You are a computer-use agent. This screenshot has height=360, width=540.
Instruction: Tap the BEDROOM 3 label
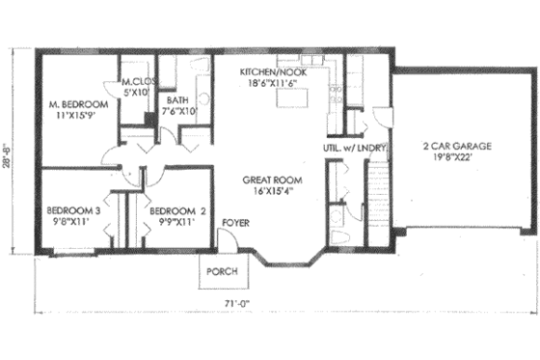(72, 209)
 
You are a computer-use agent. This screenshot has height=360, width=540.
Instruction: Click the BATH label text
(176, 99)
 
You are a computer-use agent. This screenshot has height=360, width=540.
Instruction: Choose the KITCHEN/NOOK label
(273, 72)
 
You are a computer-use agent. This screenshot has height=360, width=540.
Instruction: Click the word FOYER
(234, 222)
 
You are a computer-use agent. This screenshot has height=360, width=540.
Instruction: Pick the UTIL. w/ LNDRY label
(355, 148)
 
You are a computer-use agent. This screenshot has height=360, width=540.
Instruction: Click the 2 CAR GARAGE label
(457, 147)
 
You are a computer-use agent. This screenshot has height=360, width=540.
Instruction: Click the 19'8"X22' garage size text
(457, 159)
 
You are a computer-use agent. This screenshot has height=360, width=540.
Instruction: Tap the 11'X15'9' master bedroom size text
(77, 117)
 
